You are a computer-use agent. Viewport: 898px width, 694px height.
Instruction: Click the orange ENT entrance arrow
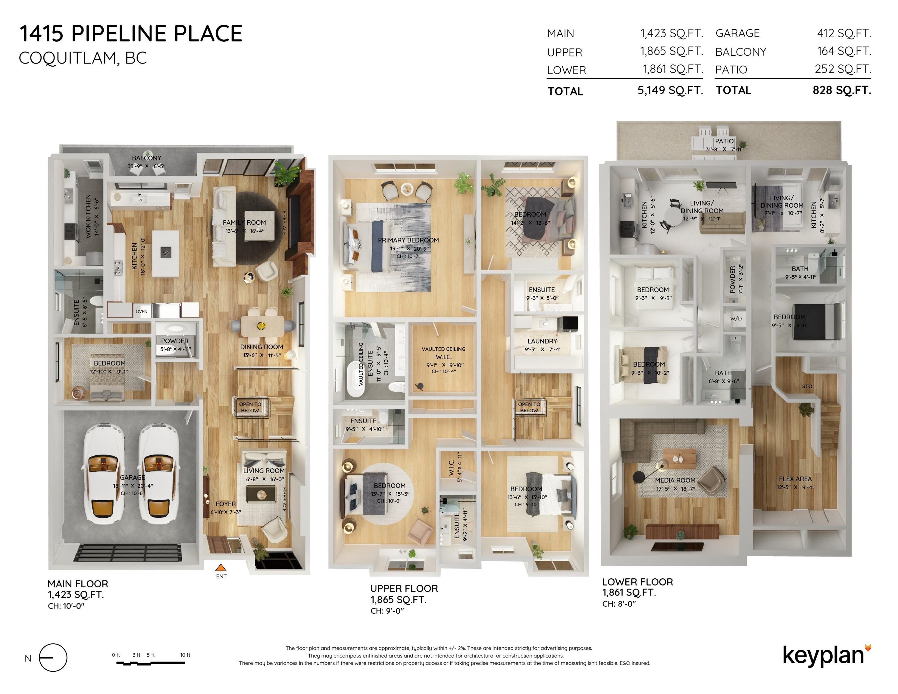click(221, 568)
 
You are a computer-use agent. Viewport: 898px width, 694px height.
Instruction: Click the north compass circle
click(53, 658)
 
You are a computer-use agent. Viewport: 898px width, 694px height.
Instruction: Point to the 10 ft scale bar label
click(185, 655)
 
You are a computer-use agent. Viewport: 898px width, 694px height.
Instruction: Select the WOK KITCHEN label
click(88, 216)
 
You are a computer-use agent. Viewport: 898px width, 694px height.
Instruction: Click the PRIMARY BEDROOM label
click(408, 240)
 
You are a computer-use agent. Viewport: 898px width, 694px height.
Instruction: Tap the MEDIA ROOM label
click(675, 480)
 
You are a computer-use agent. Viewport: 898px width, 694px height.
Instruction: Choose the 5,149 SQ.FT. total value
click(670, 90)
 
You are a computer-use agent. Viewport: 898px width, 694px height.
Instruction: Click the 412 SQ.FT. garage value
click(844, 33)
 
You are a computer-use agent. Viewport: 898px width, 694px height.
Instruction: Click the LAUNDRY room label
click(542, 341)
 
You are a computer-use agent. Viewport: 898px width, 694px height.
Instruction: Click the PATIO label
click(724, 141)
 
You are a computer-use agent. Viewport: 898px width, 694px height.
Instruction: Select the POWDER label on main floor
click(175, 341)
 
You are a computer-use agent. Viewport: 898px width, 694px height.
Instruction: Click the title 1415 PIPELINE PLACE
click(131, 34)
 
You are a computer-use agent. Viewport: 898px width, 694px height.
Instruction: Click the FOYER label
click(226, 504)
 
